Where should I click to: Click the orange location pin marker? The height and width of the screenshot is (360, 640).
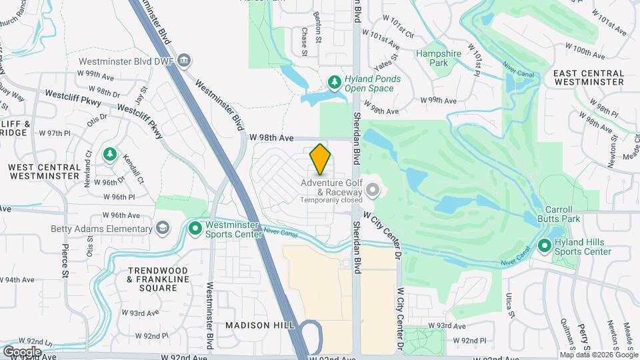(x=321, y=159)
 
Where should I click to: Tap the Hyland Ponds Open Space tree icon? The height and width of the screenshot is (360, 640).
(x=335, y=81)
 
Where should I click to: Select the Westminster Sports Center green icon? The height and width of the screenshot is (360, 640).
(x=195, y=229)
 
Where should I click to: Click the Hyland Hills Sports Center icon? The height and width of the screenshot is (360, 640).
(x=544, y=247)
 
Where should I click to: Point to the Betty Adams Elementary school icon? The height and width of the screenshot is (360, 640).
(x=161, y=229)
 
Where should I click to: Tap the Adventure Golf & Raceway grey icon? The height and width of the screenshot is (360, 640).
(x=373, y=191)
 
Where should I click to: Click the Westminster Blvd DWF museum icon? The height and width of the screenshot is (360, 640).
(x=185, y=61)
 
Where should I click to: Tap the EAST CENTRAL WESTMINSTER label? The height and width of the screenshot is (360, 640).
(x=589, y=77)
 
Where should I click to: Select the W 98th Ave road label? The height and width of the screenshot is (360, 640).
(x=271, y=138)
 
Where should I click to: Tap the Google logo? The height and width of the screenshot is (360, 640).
(x=22, y=351)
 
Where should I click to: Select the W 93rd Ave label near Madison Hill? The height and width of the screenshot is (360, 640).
(x=143, y=313)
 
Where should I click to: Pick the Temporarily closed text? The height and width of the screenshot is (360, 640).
(x=331, y=199)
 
